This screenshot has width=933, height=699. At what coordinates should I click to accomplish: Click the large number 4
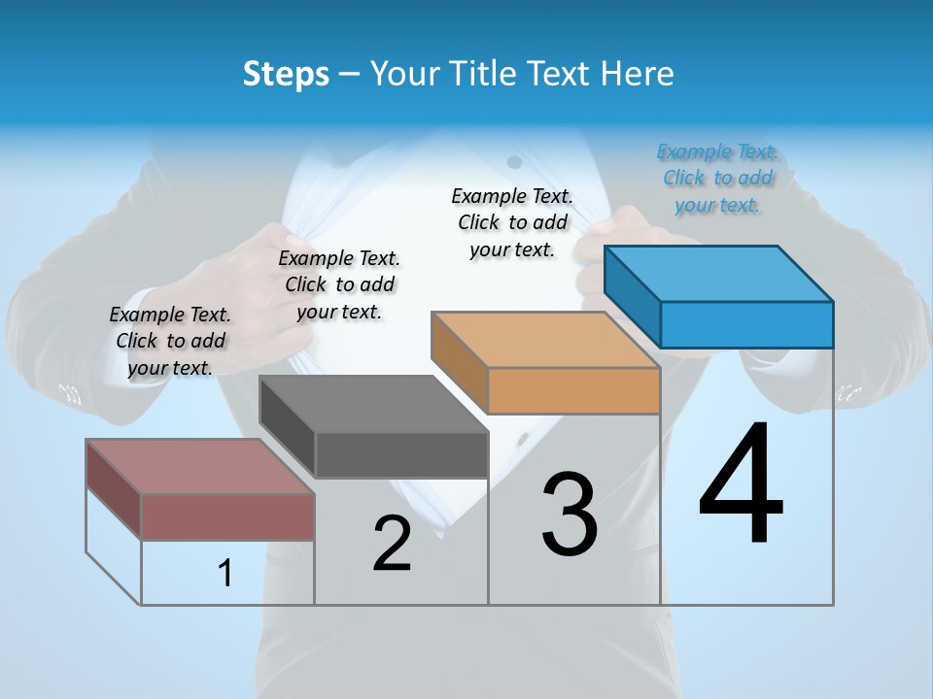(741, 484)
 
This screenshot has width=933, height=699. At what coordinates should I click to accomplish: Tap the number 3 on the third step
(570, 514)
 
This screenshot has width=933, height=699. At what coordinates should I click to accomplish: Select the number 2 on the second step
(392, 543)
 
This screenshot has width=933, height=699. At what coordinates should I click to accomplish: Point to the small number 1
(225, 574)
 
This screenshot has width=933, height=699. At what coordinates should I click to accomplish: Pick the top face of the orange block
(544, 340)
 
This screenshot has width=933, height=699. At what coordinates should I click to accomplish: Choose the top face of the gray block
(373, 404)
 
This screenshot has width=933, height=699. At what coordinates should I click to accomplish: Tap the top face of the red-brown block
(200, 467)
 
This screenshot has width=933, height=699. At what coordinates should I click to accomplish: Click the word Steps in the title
(286, 74)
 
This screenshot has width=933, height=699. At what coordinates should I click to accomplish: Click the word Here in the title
(638, 74)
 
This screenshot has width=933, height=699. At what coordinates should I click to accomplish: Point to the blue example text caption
(718, 178)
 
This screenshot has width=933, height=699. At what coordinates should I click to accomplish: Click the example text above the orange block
(512, 222)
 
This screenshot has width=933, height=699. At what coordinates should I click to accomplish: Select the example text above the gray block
(339, 284)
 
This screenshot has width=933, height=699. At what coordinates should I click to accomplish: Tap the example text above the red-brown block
(170, 341)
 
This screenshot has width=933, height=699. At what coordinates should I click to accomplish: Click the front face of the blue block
(746, 324)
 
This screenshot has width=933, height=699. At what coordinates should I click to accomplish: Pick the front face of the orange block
(573, 390)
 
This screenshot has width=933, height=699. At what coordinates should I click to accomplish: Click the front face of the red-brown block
(227, 516)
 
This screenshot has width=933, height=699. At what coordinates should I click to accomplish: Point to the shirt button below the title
(515, 161)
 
